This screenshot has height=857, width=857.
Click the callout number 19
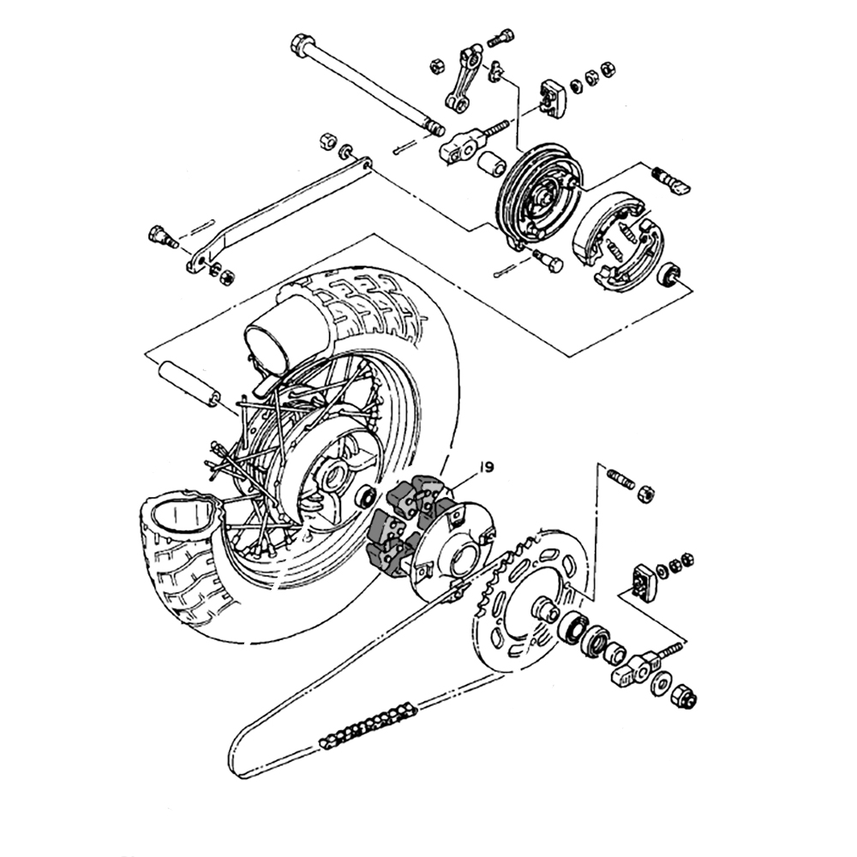[486, 467]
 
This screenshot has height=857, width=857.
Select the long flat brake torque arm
[279, 214]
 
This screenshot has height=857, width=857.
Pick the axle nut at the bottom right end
[686, 696]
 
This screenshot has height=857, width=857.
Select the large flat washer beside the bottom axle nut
[661, 683]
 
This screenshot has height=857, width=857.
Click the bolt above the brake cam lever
[501, 38]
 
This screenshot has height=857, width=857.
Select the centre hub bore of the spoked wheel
[333, 475]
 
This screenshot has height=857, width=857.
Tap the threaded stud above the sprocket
[620, 480]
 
